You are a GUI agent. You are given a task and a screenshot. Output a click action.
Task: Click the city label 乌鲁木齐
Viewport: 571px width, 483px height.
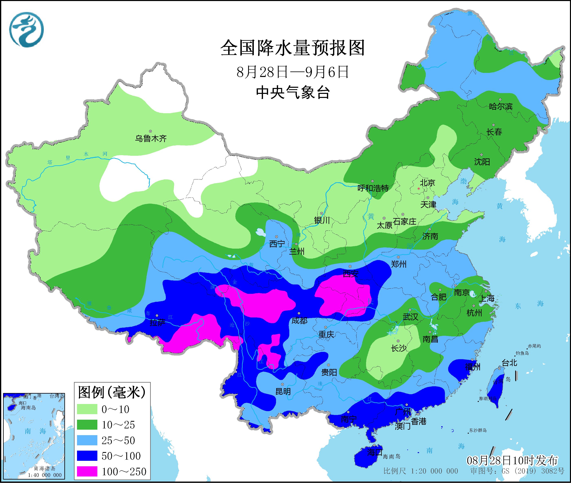[151, 138]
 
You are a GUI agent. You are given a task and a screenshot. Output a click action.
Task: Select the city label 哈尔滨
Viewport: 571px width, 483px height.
[501, 106]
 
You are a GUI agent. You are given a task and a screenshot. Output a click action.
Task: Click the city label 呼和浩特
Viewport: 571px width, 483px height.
[373, 188]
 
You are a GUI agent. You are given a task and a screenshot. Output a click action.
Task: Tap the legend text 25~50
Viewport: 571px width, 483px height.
[118, 440]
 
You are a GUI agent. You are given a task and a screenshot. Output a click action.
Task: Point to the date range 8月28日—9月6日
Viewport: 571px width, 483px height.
[293, 72]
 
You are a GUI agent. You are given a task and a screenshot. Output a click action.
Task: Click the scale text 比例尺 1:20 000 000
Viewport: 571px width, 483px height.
[421, 471]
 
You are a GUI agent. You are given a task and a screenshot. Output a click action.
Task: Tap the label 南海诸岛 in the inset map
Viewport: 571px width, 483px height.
[45, 469]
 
